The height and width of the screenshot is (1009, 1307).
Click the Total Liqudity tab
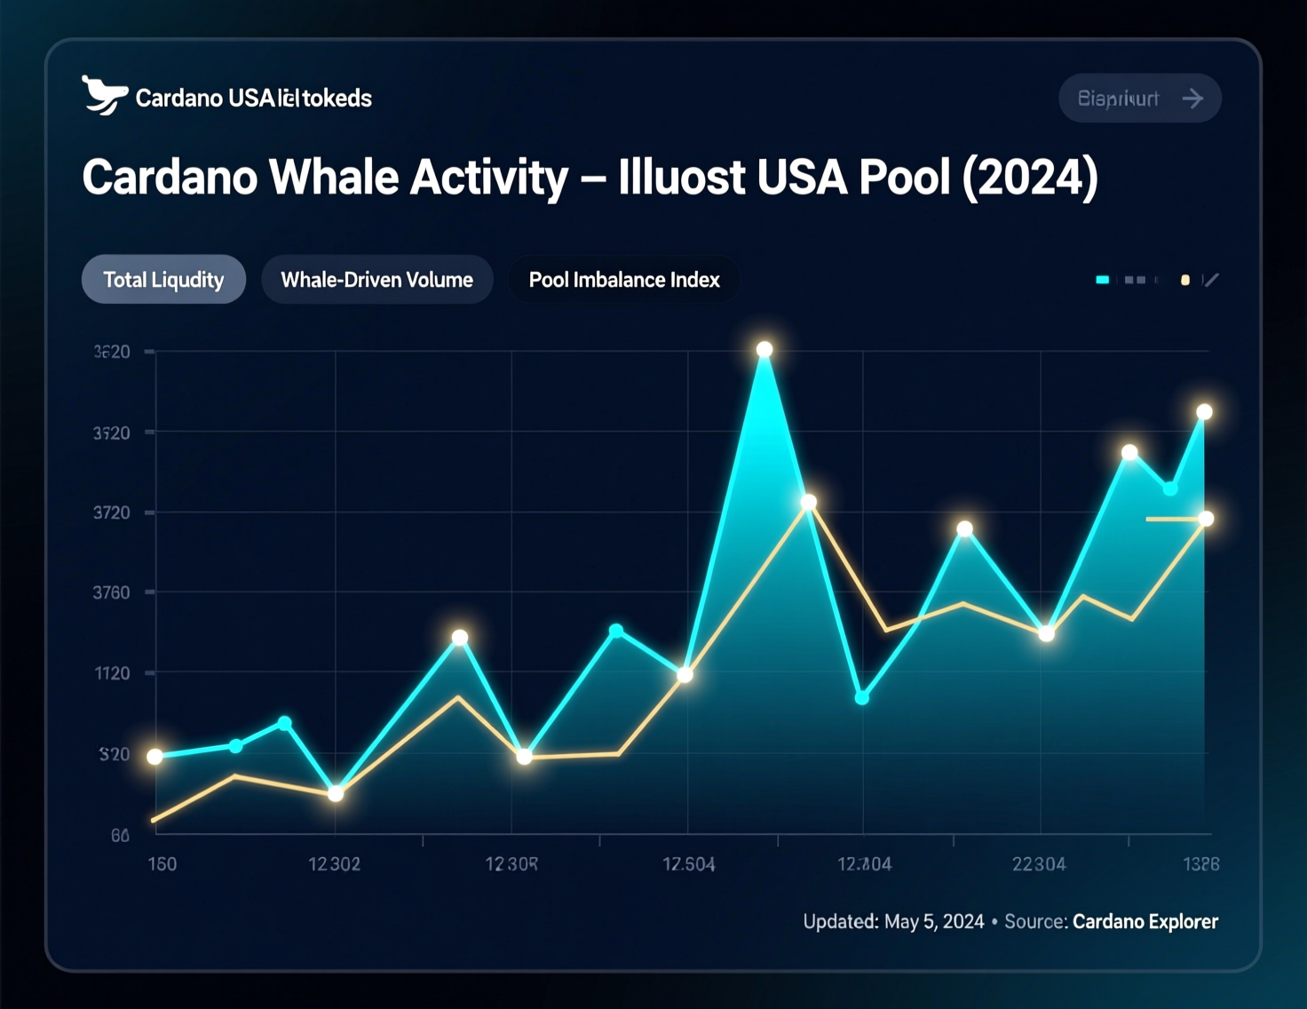163,280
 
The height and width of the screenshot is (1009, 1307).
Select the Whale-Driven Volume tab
376,280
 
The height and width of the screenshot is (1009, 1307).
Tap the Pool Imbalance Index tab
623,280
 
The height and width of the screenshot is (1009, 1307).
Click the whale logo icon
103,95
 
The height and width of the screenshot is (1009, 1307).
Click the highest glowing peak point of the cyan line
764,350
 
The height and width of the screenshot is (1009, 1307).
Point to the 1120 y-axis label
113,673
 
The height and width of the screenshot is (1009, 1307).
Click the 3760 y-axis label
112,592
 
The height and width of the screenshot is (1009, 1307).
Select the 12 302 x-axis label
334,864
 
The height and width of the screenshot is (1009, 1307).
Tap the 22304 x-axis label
1039,864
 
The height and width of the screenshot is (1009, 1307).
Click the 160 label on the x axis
162,864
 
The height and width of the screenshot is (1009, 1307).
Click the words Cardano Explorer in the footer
1145,922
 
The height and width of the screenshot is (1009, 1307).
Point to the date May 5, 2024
934,922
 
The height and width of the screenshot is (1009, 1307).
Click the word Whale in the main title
329,177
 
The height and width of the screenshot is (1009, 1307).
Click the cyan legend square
1103,280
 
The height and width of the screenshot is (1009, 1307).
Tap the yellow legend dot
1184,280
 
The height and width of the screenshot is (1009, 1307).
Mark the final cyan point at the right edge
1204,412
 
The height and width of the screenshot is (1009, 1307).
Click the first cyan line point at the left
155,757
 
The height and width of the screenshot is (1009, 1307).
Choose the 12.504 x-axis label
688,864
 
